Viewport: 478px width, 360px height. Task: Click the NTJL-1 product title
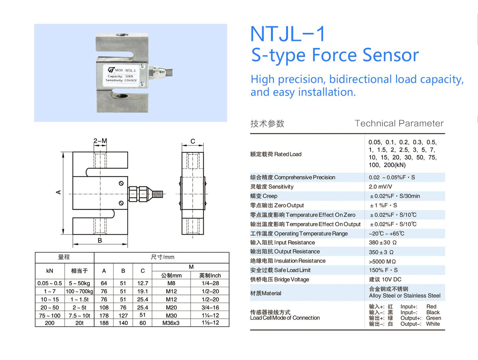pyautogui.click(x=288, y=34)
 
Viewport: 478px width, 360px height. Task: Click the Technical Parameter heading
pyautogui.click(x=399, y=123)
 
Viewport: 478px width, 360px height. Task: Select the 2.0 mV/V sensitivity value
pyautogui.click(x=380, y=187)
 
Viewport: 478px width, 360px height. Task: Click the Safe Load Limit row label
pyautogui.click(x=280, y=270)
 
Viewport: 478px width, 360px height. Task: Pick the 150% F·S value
pyautogui.click(x=383, y=270)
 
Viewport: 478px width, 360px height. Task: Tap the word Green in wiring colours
pyautogui.click(x=433, y=318)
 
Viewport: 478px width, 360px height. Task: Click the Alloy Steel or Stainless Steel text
pyautogui.click(x=404, y=296)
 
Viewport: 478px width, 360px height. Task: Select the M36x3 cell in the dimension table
pyautogui.click(x=171, y=323)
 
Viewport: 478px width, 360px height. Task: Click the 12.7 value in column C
pyautogui.click(x=143, y=283)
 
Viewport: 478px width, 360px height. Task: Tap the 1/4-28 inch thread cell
pyautogui.click(x=210, y=283)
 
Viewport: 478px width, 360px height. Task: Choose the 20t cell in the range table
pyautogui.click(x=79, y=323)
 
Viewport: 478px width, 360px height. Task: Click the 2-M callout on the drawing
pyautogui.click(x=100, y=141)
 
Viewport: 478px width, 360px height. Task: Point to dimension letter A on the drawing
pyautogui.click(x=59, y=192)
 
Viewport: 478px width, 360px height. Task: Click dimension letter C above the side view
pyautogui.click(x=193, y=141)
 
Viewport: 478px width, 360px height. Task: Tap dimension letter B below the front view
pyautogui.click(x=100, y=241)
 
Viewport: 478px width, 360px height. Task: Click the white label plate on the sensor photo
pyautogui.click(x=122, y=75)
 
